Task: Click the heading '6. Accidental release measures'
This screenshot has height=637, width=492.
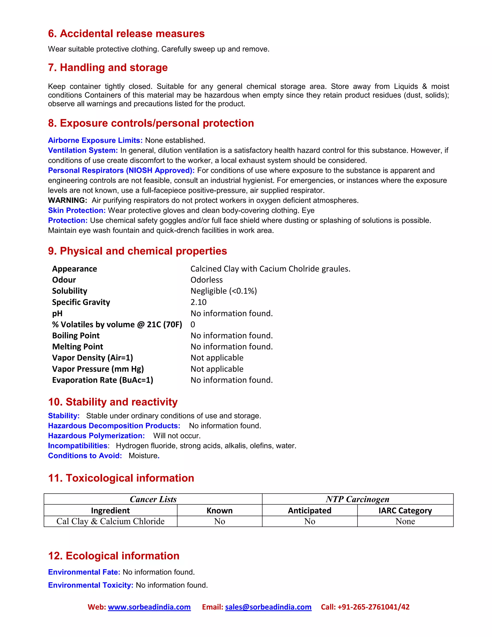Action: (x=126, y=34)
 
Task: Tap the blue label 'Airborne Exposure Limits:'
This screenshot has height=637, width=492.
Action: (x=95, y=140)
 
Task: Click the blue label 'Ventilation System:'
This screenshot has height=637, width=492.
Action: (x=83, y=150)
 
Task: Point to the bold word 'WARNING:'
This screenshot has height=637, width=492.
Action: (x=67, y=200)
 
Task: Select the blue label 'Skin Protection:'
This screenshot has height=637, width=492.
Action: (x=77, y=210)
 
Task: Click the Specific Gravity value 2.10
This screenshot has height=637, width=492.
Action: (x=198, y=302)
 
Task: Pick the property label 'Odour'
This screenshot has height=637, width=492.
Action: (x=64, y=280)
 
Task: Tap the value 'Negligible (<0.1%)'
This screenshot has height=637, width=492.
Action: (x=224, y=291)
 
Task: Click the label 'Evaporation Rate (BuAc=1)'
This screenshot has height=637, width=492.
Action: (x=102, y=380)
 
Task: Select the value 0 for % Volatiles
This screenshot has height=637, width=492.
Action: (x=193, y=324)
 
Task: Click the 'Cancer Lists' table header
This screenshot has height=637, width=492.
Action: (x=153, y=499)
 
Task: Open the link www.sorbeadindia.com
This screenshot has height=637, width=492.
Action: (x=149, y=607)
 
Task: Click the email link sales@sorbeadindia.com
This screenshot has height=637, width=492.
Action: (x=268, y=607)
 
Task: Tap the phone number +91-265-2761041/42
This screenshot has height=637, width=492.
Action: (x=373, y=607)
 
